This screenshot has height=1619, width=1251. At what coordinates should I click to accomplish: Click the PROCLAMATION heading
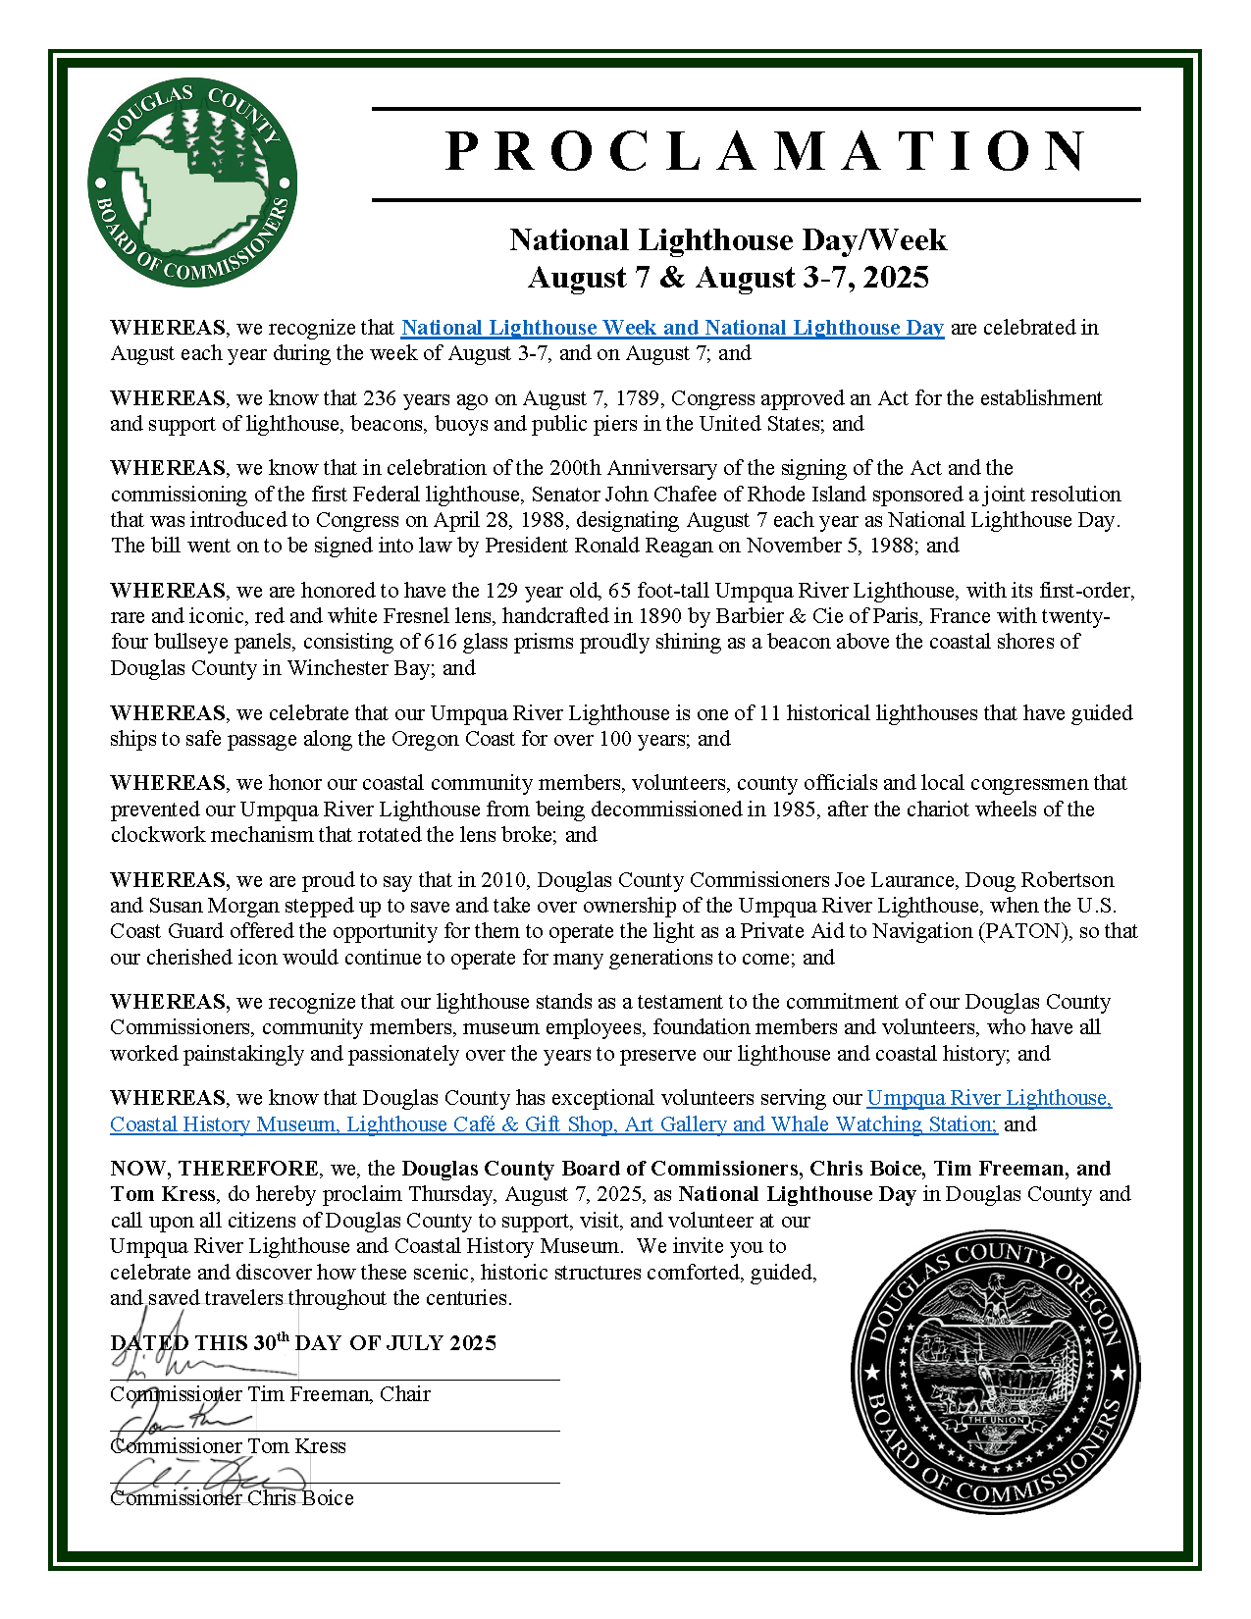tap(765, 152)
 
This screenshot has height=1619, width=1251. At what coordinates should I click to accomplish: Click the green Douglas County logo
tap(192, 183)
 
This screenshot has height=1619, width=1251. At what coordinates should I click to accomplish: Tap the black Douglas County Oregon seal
tap(995, 1371)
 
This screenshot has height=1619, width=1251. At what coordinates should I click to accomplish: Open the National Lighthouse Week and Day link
tap(672, 328)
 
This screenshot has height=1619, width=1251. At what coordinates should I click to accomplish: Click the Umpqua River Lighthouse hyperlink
tap(989, 1099)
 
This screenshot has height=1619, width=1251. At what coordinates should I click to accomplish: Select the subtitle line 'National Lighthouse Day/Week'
tap(728, 240)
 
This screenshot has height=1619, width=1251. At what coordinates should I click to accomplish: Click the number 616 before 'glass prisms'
tap(441, 642)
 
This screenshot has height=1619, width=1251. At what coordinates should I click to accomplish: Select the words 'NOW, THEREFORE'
tap(214, 1169)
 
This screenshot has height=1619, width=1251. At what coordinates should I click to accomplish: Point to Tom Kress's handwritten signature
tap(182, 1420)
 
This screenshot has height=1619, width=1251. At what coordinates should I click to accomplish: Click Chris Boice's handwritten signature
tap(206, 1476)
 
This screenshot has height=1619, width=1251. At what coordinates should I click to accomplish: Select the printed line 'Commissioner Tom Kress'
tap(228, 1446)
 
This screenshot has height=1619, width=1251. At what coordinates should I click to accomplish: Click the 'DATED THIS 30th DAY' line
tap(303, 1343)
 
